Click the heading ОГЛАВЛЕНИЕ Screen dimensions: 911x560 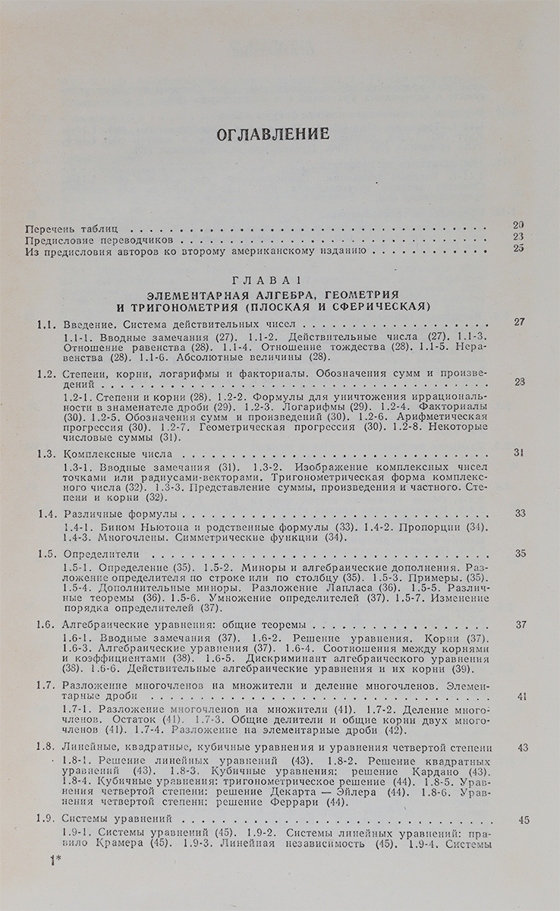coord(274,134)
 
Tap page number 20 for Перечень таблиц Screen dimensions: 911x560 coord(518,224)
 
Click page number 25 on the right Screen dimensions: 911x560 coord(518,247)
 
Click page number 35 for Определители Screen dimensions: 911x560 coord(521,553)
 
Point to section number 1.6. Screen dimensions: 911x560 coord(47,626)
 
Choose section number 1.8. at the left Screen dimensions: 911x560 coord(47,748)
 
